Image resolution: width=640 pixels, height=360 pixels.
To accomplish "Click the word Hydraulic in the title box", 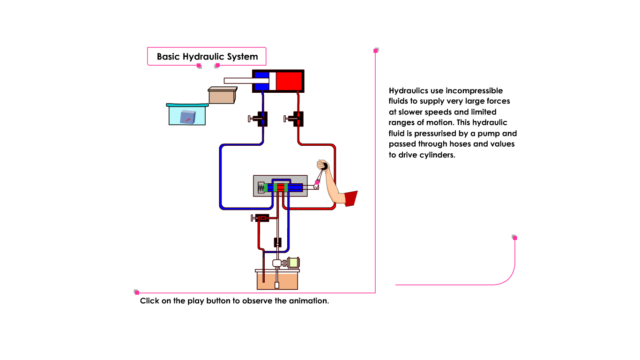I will [204, 57].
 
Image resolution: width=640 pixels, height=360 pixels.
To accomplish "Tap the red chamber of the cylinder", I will [289, 81].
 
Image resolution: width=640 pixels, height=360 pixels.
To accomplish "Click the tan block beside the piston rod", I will [222, 96].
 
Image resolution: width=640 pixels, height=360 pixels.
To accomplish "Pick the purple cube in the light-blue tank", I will [188, 117].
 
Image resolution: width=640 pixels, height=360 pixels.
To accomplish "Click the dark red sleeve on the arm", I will [350, 198].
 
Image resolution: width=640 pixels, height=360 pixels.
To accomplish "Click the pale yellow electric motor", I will [294, 263].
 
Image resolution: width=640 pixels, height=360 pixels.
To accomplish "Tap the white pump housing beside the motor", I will [277, 263].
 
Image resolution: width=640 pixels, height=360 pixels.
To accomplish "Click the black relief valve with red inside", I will [261, 218].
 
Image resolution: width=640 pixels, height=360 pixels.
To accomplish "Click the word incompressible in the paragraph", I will [474, 90].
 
